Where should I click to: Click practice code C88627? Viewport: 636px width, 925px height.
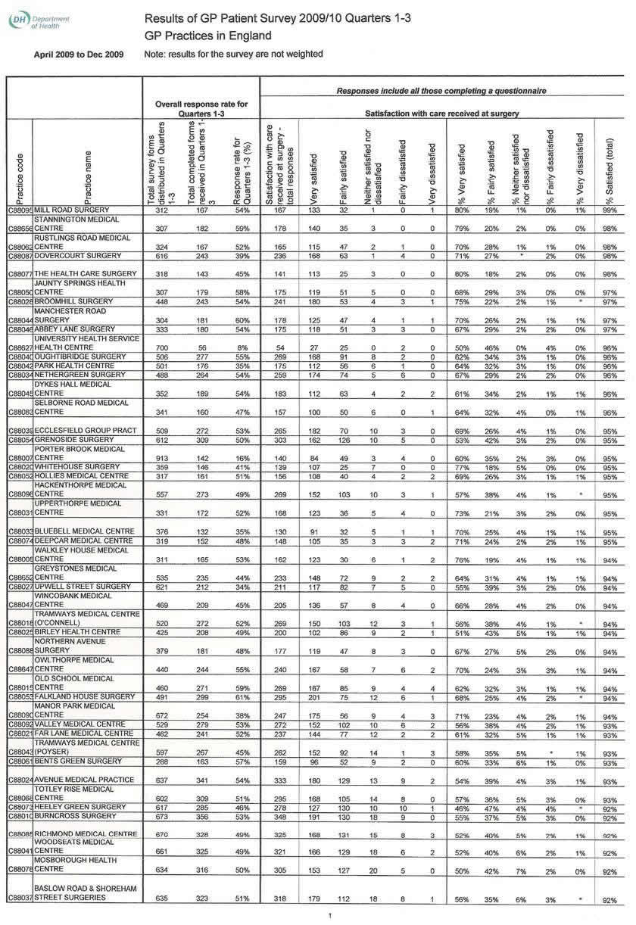click(x=20, y=347)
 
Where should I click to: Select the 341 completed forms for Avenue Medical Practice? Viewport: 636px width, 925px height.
click(x=201, y=780)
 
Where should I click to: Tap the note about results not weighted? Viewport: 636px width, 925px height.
click(x=233, y=54)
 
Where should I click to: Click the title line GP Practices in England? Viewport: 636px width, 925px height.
click(x=207, y=36)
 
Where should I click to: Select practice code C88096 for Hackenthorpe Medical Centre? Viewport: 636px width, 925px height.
click(x=20, y=495)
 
